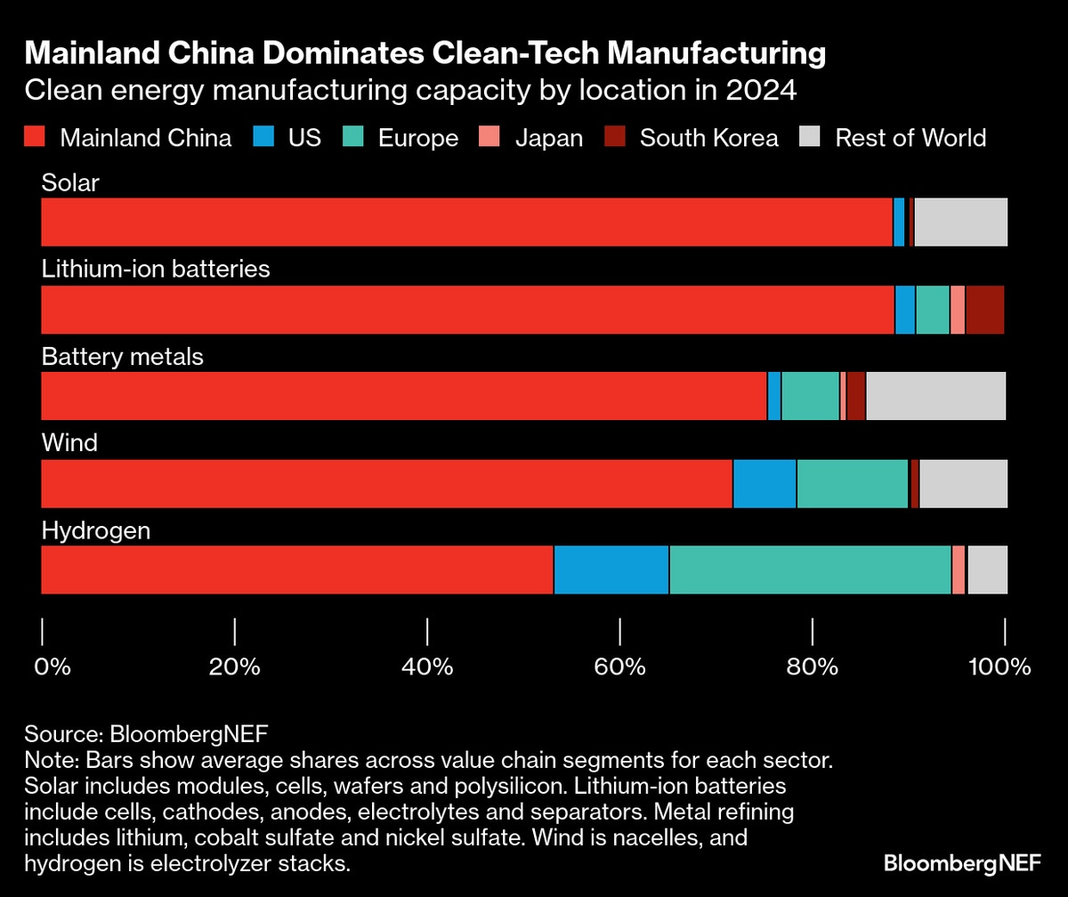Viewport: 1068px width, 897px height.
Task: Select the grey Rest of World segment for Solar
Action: click(x=960, y=222)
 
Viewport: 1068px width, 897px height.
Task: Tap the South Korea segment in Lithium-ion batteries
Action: click(x=984, y=310)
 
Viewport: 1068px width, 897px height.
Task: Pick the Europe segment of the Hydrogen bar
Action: click(x=810, y=570)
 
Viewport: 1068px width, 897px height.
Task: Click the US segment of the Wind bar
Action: click(x=765, y=483)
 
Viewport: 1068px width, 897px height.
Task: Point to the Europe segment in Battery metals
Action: click(x=810, y=396)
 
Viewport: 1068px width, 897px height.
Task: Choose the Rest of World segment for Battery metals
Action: click(x=935, y=396)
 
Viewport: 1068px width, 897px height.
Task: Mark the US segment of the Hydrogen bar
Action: click(x=611, y=570)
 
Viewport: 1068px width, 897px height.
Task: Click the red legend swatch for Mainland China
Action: click(x=34, y=138)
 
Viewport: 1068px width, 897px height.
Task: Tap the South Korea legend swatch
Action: click(x=615, y=138)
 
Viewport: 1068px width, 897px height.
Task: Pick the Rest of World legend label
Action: click(x=910, y=138)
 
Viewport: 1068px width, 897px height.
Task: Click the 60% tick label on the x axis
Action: click(x=619, y=667)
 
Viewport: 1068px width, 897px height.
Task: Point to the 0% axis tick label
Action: click(x=53, y=667)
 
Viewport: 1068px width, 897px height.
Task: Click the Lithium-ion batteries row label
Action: click(x=156, y=269)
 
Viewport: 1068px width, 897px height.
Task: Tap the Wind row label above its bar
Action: click(x=69, y=442)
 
